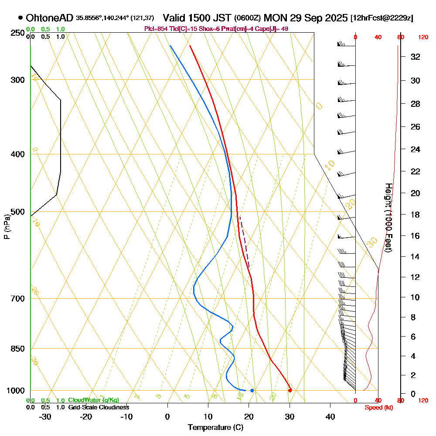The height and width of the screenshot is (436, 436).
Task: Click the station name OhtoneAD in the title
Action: (x=50, y=18)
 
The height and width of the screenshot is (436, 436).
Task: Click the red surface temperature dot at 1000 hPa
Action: (x=290, y=390)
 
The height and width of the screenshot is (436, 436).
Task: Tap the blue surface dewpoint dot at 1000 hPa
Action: (x=252, y=390)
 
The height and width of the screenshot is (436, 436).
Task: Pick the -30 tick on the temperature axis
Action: (x=45, y=417)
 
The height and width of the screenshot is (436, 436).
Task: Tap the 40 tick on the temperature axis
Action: (x=330, y=417)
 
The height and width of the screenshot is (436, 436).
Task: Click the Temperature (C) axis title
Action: (x=215, y=428)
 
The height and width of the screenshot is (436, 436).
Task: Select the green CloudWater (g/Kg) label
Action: (x=93, y=400)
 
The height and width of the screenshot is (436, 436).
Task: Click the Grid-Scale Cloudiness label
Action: (x=99, y=407)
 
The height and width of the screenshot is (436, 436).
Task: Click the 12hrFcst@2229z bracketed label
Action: (x=382, y=18)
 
